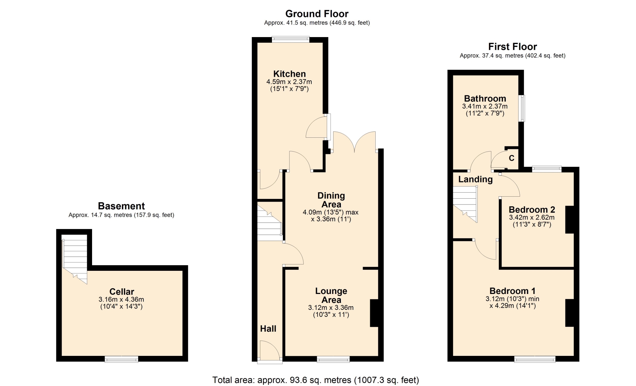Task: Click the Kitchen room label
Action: click(x=289, y=74)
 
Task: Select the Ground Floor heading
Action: click(x=317, y=14)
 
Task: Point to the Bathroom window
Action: click(x=522, y=108)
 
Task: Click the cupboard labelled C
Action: click(x=511, y=158)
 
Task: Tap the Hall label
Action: click(x=268, y=328)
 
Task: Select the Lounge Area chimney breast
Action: click(x=374, y=313)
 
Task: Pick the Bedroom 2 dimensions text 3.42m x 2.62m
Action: click(x=532, y=217)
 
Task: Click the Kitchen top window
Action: click(x=291, y=39)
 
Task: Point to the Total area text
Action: click(x=316, y=380)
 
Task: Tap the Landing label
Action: click(x=475, y=179)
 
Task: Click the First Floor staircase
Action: click(x=465, y=204)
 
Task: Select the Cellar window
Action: click(x=122, y=359)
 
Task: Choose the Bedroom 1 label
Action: click(x=512, y=291)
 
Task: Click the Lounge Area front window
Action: click(x=333, y=359)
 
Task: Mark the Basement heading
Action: click(x=121, y=206)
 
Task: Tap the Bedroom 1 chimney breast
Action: click(x=570, y=313)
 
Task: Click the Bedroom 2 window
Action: click(x=547, y=169)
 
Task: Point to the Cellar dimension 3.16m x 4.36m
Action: click(x=121, y=299)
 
